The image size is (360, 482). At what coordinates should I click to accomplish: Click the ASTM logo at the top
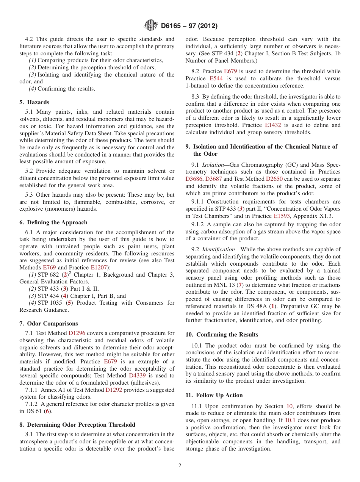[150, 26]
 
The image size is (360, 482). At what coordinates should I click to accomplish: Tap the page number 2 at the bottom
[180, 466]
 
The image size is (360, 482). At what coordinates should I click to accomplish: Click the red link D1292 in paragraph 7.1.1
[113, 390]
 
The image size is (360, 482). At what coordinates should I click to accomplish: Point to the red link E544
[216, 78]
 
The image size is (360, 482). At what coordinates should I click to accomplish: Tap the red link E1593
[282, 216]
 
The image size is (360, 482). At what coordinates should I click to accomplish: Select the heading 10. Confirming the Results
[222, 335]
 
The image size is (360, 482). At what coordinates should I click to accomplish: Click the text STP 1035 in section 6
[50, 303]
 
